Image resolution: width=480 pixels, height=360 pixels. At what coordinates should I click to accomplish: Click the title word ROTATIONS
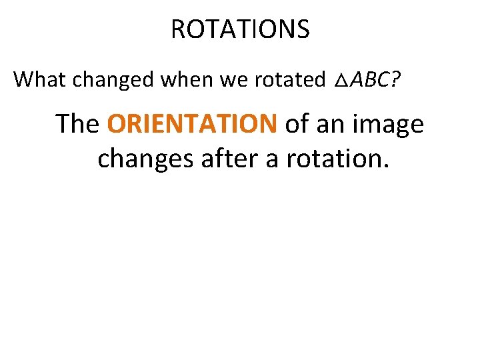click(240, 29)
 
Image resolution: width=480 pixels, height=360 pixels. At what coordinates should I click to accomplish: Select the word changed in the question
click(103, 80)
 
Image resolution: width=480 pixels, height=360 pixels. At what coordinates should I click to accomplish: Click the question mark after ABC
click(396, 79)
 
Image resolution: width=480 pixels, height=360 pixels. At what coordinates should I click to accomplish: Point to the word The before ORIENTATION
click(77, 123)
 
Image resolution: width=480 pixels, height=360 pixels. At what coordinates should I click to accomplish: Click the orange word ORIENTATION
click(192, 123)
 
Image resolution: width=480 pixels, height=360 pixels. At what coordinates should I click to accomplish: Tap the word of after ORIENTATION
click(297, 123)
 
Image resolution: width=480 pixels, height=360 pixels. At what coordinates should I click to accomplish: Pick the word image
click(389, 125)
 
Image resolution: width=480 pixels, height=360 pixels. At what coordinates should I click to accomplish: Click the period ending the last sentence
click(385, 167)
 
